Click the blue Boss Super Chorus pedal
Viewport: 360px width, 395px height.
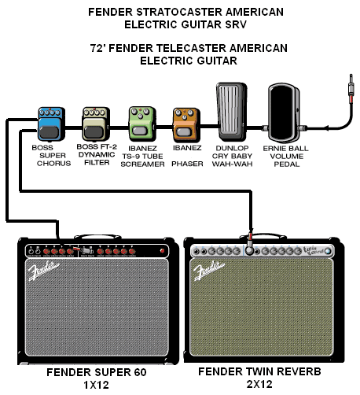pos(51,124)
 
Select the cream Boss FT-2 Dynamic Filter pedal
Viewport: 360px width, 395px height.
pos(95,124)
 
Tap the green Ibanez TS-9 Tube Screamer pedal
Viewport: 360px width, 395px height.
pos(141,124)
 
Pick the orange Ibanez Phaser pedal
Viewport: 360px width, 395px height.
pos(186,125)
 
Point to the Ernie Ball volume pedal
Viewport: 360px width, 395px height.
pos(285,113)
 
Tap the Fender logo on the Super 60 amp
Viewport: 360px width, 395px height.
pos(43,271)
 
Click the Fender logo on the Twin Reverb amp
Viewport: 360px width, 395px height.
pos(209,270)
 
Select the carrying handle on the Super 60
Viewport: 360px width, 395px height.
pos(97,236)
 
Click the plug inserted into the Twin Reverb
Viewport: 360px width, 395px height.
pos(250,242)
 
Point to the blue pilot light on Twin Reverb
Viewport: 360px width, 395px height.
pos(328,251)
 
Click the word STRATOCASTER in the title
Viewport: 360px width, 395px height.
pos(179,12)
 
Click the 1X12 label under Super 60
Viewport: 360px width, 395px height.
pos(96,385)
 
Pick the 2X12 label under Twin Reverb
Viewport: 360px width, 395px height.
pos(259,384)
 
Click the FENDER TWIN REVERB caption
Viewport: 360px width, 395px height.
pos(259,371)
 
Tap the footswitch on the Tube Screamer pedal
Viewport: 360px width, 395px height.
pos(140,131)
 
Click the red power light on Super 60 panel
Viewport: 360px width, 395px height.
pos(162,251)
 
